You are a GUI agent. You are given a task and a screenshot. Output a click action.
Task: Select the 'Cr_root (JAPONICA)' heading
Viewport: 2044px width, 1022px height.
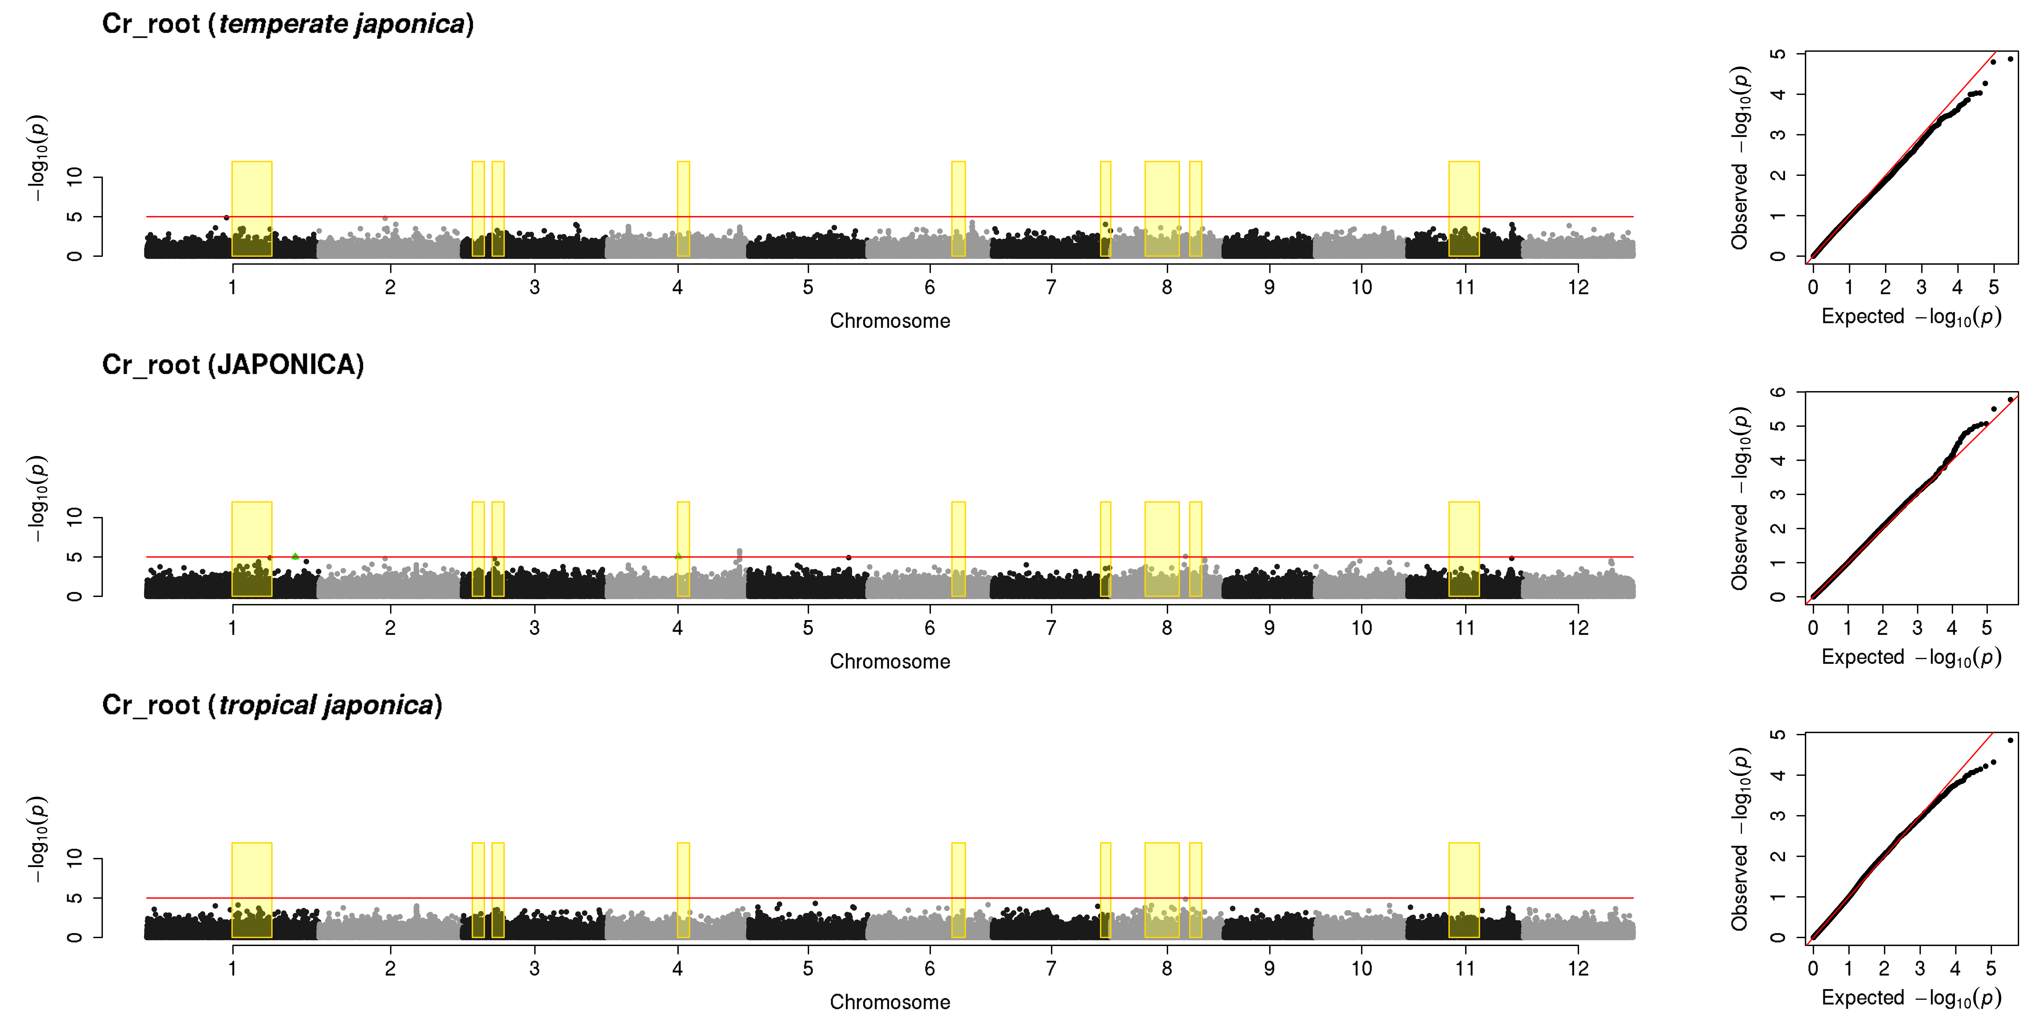(233, 365)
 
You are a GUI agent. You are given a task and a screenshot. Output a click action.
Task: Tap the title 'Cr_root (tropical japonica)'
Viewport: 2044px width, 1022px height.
(272, 705)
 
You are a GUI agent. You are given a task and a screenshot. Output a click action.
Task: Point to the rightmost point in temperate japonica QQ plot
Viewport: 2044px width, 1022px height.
(2010, 59)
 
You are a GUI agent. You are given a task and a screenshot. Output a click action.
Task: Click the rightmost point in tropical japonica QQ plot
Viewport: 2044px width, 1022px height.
(2010, 740)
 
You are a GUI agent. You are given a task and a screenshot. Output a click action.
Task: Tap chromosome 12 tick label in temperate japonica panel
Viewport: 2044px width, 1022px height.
(1578, 287)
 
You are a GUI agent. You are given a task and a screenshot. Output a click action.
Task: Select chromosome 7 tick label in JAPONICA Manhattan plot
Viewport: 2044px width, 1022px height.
(1051, 628)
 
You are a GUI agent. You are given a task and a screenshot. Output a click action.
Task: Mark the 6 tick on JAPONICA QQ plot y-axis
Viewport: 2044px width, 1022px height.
(1778, 392)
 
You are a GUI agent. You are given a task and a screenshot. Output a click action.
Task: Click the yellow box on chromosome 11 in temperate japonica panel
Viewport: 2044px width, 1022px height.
(1464, 209)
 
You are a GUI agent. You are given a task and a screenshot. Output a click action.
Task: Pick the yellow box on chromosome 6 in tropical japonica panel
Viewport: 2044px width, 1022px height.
(959, 890)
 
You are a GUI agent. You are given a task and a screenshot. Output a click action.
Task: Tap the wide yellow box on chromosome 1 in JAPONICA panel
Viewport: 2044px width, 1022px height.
(251, 549)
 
